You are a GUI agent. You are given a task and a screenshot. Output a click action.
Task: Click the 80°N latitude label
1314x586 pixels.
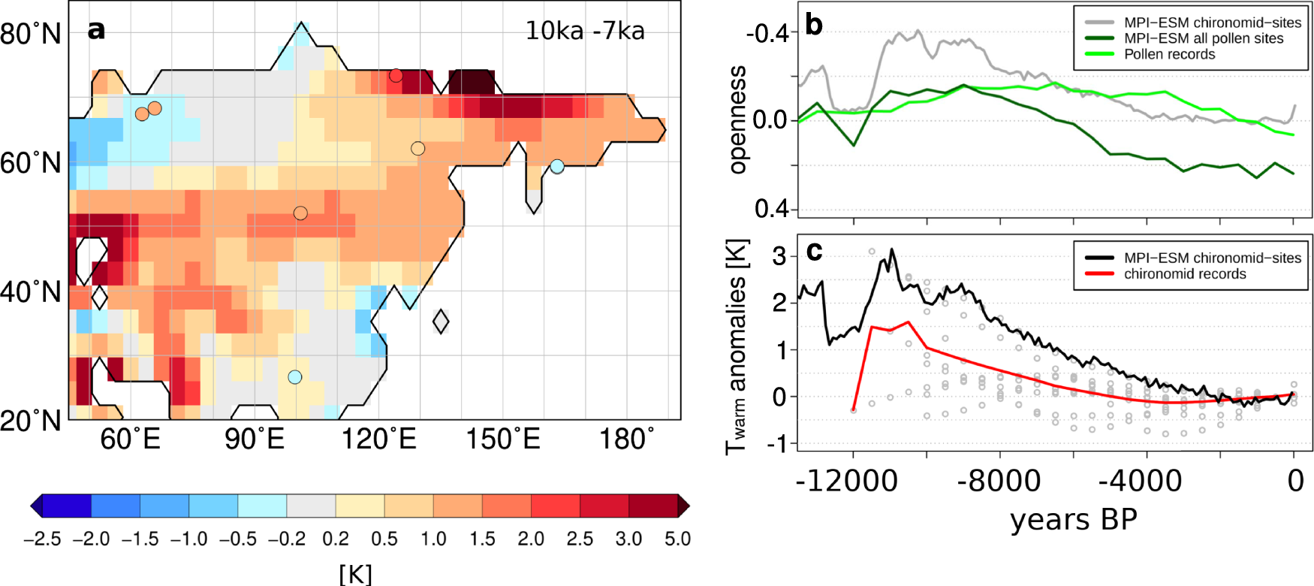31,34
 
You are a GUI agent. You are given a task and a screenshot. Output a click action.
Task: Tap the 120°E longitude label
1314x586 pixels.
378,439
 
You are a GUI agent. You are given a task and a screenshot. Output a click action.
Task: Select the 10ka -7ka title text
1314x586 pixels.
584,31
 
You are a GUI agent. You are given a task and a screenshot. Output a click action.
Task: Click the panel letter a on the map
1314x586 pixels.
96,29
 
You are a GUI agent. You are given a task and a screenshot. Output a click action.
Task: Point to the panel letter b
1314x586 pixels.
814,24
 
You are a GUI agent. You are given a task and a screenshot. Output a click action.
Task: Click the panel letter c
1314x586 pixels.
814,251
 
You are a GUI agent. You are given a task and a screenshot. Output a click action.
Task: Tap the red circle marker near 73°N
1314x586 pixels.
396,76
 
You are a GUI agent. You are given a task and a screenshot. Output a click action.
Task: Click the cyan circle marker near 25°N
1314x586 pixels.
295,377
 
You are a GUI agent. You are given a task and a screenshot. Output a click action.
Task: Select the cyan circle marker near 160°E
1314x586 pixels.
556,167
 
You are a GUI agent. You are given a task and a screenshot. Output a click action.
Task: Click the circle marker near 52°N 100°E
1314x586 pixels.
300,213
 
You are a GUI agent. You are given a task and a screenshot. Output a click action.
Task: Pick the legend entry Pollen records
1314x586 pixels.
1169,54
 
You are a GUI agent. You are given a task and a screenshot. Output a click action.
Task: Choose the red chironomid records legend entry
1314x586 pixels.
1184,274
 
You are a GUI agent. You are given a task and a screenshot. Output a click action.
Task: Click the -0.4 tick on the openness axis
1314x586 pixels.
767,33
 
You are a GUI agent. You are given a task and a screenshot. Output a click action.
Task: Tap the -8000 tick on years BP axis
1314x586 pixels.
999,480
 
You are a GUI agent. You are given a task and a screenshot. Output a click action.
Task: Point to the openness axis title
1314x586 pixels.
738,120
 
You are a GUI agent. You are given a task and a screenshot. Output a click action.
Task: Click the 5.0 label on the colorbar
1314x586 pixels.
677,539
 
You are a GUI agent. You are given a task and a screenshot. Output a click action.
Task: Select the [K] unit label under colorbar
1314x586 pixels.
355,573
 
